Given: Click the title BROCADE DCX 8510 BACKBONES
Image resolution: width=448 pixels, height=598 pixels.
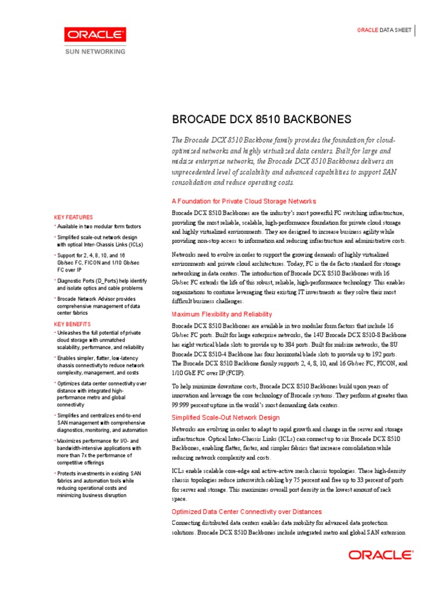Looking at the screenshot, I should pos(261,120).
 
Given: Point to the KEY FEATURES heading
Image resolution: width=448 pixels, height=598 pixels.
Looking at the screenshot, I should pos(73,217).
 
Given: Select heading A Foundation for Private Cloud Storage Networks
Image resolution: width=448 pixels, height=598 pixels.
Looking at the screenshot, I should pos(244,201).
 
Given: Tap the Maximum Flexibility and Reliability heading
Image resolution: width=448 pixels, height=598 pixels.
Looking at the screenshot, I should pos(222,314).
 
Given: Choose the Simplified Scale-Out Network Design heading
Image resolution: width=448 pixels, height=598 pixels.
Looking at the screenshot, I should pos(225,418).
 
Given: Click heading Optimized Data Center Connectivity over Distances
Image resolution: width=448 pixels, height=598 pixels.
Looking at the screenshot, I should pos(247,512).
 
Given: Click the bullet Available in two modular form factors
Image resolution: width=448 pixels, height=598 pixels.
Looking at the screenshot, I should pos(99,227).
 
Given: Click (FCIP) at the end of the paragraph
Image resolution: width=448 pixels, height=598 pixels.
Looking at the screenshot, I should pos(235,373).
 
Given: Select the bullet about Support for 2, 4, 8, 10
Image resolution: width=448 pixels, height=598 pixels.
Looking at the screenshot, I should pos(99,263).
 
